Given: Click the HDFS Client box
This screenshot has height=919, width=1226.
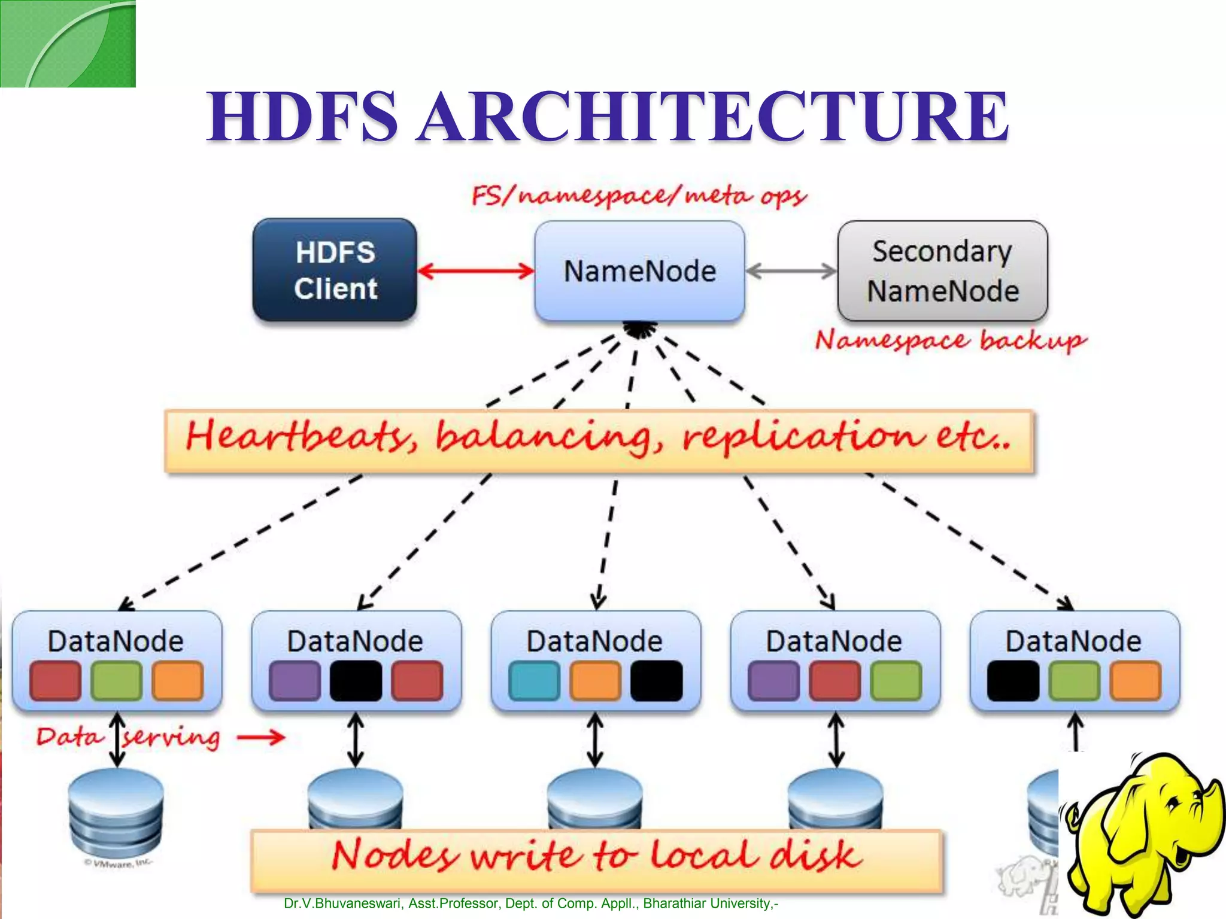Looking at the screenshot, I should tap(335, 270).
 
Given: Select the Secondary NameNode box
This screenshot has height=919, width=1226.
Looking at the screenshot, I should tap(942, 271).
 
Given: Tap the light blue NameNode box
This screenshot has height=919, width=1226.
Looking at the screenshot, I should tap(639, 271).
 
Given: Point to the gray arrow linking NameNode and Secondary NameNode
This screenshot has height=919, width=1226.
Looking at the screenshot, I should tap(791, 271).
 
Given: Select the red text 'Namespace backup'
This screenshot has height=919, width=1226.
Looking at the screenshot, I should tap(950, 341).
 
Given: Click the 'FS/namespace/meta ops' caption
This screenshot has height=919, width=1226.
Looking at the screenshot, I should tap(639, 196).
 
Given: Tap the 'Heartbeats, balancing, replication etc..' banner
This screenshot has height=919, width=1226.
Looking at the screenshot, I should tap(599, 441).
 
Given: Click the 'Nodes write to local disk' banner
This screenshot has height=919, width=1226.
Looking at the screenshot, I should tap(596, 860).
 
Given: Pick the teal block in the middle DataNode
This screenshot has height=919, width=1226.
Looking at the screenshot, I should tap(534, 681).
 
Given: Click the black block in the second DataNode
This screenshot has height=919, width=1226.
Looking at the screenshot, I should tap(356, 681).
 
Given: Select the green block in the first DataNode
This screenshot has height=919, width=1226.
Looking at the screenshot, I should tap(116, 681).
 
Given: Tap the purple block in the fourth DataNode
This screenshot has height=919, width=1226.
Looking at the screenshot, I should tap(773, 681).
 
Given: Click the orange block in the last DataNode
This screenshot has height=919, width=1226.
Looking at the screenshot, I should tap(1135, 681).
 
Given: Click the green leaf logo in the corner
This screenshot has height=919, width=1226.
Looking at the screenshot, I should tap(68, 43).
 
